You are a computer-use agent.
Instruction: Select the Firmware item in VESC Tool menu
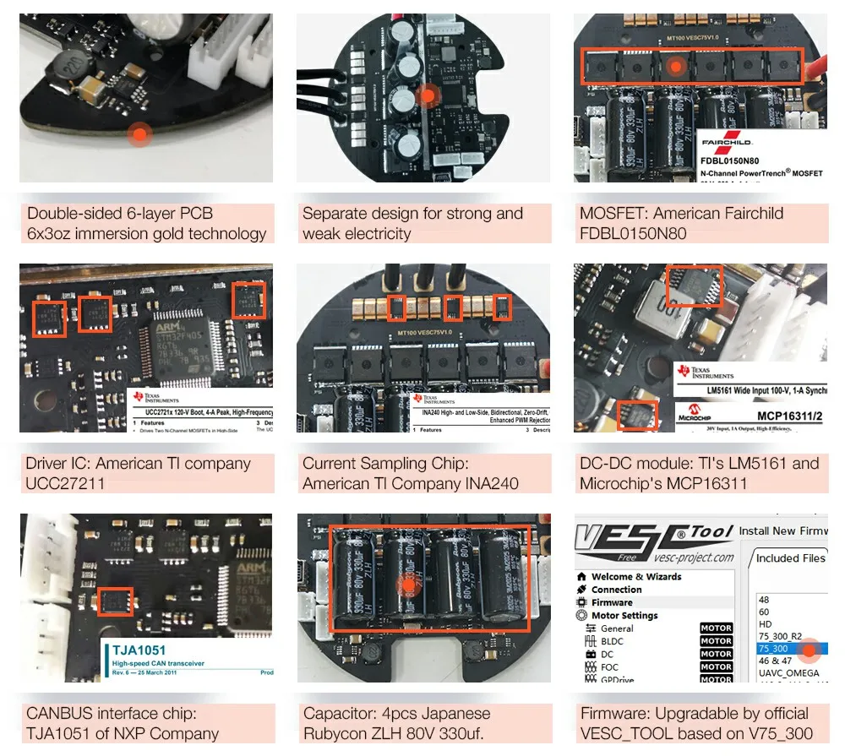click(x=611, y=602)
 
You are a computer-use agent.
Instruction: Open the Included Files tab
click(x=790, y=558)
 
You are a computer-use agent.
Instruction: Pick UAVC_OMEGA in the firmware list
click(x=788, y=673)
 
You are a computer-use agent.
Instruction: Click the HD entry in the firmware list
click(x=766, y=624)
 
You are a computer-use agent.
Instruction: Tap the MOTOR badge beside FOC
click(x=716, y=667)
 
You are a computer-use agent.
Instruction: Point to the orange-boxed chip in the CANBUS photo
click(x=116, y=601)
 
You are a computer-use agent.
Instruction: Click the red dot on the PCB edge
click(x=139, y=132)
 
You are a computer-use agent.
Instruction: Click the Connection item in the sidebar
click(x=616, y=590)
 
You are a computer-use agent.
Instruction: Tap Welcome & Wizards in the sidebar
click(x=635, y=577)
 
